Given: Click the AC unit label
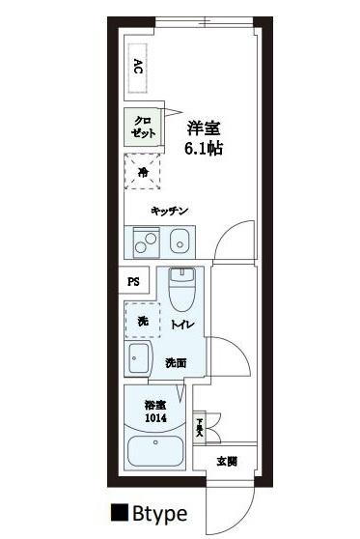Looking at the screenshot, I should (137, 67).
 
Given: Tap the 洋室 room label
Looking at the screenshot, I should (202, 128).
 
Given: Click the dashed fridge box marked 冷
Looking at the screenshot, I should (142, 174).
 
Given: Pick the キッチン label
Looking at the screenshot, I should (168, 211).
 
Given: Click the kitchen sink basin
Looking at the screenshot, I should (179, 240).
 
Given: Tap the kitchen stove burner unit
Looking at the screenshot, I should (143, 240).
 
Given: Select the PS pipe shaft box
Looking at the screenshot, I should (133, 282).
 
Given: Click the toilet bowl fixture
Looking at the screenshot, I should (181, 287).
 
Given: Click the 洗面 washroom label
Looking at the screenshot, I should (175, 363).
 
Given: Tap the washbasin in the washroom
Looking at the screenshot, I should (137, 360).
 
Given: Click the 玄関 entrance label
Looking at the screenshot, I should (226, 461).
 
